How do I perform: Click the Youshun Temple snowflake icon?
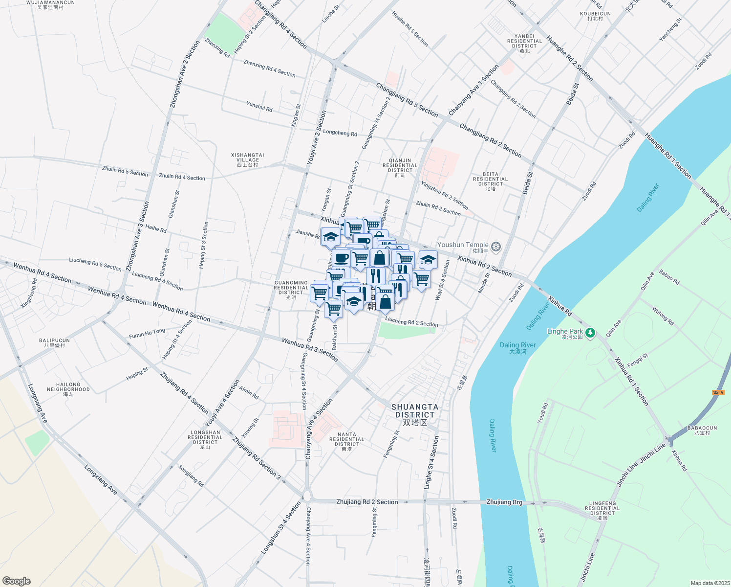(x=496, y=247)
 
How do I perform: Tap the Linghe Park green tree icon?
(x=590, y=333)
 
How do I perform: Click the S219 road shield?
(x=718, y=392)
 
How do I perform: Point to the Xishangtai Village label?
(x=247, y=160)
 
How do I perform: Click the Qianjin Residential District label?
(x=400, y=167)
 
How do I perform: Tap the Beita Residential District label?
(x=491, y=181)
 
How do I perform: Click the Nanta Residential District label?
(x=347, y=441)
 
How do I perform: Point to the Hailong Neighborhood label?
(x=68, y=389)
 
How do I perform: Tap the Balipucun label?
(x=54, y=342)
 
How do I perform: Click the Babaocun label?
(x=702, y=430)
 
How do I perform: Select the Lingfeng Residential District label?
(x=602, y=510)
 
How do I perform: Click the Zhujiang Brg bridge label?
(x=504, y=502)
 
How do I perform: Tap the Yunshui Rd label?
(x=259, y=106)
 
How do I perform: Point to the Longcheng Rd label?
(x=340, y=133)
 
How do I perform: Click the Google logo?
(x=16, y=581)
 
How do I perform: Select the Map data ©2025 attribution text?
(x=709, y=583)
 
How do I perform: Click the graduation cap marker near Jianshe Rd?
(x=330, y=237)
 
